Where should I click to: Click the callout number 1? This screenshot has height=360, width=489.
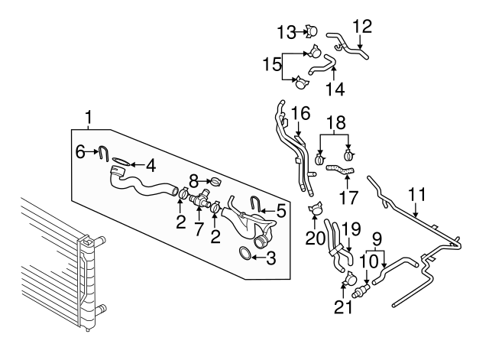coord(89,118)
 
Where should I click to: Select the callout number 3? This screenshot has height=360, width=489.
coord(270,260)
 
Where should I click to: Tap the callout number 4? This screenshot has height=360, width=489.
coord(151,164)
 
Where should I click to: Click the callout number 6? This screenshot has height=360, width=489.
coord(81,151)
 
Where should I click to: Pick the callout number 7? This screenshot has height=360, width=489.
coord(198,229)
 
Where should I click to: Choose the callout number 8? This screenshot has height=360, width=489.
coord(193,181)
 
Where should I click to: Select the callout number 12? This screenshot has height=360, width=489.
coord(362,27)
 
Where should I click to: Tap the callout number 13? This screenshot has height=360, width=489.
coord(286,31)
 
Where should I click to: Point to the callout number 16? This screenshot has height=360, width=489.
coord(300,114)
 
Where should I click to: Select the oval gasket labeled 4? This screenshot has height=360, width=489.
coord(120,161)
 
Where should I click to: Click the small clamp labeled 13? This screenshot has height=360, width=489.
coord(311,31)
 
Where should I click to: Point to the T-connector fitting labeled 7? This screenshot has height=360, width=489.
coord(200,202)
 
